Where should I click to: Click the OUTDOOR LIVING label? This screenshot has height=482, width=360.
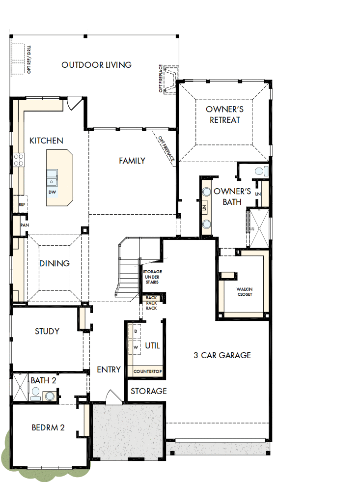pyautogui.click(x=96, y=65)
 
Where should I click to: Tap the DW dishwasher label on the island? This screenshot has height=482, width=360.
pyautogui.click(x=52, y=191)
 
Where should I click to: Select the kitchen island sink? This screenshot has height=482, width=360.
pyautogui.click(x=52, y=175)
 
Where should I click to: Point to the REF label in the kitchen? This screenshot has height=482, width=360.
pyautogui.click(x=22, y=204)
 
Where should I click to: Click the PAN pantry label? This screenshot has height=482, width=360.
pyautogui.click(x=24, y=225)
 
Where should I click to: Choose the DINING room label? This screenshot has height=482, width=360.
pyautogui.click(x=55, y=263)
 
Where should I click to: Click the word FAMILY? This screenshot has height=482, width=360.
pyautogui.click(x=132, y=161)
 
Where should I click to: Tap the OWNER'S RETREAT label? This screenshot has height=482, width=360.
pyautogui.click(x=224, y=114)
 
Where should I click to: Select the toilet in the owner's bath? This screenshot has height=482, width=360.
pyautogui.click(x=261, y=171)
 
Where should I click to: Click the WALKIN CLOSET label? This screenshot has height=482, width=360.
pyautogui.click(x=244, y=292)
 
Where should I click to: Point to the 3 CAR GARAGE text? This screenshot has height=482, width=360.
pyautogui.click(x=222, y=355)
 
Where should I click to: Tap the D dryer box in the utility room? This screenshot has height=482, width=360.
pyautogui.click(x=136, y=332)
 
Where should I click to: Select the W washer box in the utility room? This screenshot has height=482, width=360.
pyautogui.click(x=136, y=347)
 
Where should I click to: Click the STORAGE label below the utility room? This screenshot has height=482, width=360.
pyautogui.click(x=148, y=391)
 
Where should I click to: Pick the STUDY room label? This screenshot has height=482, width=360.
pyautogui.click(x=47, y=331)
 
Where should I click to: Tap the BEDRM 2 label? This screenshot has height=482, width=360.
pyautogui.click(x=48, y=427)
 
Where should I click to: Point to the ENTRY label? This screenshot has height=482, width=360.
pyautogui.click(x=109, y=369)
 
